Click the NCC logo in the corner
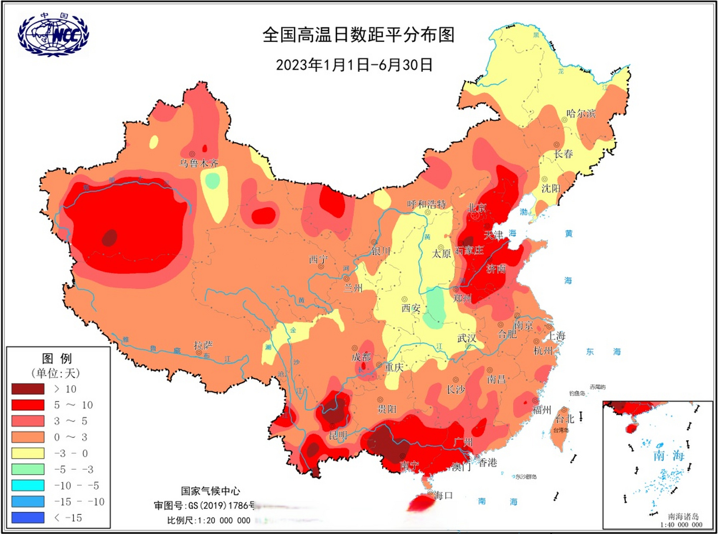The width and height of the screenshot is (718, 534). tap(53, 34)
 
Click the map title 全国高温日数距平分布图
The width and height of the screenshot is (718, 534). tap(358, 35)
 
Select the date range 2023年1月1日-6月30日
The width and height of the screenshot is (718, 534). tap(354, 65)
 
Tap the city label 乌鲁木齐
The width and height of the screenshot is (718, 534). tap(199, 163)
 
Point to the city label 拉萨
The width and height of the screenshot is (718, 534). tap(203, 345)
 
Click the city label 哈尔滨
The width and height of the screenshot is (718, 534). tap(581, 113)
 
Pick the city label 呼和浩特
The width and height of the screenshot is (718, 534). tap(426, 204)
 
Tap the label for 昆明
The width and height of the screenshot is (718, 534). tap(338, 436)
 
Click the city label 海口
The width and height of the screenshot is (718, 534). tap(443, 496)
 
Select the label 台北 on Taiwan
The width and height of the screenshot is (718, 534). tap(565, 418)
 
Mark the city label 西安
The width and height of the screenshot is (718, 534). tap(411, 308)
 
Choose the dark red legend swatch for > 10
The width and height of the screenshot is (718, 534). tap(28, 389)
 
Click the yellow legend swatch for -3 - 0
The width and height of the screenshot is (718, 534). tap(28, 453)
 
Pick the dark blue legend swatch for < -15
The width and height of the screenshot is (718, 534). tap(28, 518)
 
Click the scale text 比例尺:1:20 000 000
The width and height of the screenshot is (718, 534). tap(208, 520)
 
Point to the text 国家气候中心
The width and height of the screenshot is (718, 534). tap(210, 491)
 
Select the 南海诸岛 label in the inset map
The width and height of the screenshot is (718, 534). tap(683, 516)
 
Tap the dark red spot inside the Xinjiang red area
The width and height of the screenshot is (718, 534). tap(110, 238)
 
